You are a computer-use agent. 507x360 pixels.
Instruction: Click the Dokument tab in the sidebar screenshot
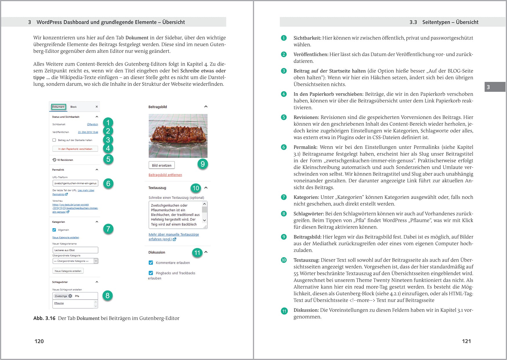[x=58, y=107]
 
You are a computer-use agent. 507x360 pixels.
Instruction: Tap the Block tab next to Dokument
[x=73, y=107]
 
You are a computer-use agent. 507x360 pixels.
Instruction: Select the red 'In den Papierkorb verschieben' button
[x=75, y=149]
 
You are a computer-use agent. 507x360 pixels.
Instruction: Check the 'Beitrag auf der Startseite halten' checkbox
[x=54, y=140]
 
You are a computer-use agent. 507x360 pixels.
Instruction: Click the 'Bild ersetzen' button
[x=162, y=165]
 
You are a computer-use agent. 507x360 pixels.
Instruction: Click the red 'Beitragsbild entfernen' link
[x=165, y=175]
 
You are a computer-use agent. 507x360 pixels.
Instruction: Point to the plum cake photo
[x=178, y=136]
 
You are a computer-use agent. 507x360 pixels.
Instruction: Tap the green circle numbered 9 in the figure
[x=202, y=164]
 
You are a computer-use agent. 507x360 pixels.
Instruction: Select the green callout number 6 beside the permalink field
[x=108, y=183]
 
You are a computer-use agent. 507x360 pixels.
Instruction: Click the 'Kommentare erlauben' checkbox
[x=151, y=263]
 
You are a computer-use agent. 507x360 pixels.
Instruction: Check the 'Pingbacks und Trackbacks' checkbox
[x=151, y=273]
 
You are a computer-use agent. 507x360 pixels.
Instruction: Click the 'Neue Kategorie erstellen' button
[x=68, y=271]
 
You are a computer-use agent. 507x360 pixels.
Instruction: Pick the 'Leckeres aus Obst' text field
[x=75, y=250]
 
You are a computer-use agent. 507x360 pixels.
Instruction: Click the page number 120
[x=39, y=341]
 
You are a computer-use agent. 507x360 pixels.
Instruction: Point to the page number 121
[x=466, y=341]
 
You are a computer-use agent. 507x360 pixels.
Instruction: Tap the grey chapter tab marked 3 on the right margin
[x=495, y=87]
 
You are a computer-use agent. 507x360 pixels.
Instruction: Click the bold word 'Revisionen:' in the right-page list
[x=306, y=117]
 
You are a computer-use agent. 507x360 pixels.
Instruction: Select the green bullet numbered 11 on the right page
[x=284, y=311]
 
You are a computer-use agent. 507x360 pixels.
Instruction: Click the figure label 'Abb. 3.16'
[x=44, y=318]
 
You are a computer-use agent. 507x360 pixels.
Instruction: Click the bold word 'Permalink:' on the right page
[x=305, y=147]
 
